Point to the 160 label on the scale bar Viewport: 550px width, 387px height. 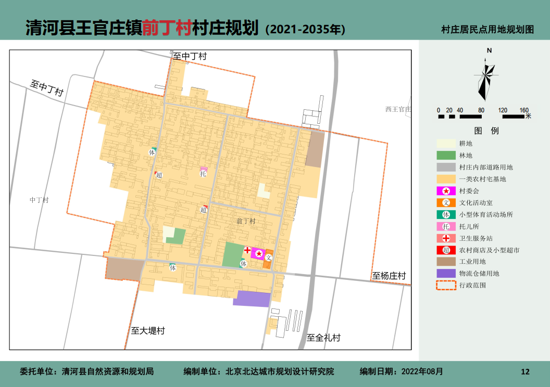pyautogui.click(x=524, y=110)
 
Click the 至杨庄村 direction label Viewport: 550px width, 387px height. pyautogui.click(x=389, y=276)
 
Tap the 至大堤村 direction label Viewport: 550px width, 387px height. pyautogui.click(x=147, y=331)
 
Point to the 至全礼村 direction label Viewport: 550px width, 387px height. pyautogui.click(x=323, y=338)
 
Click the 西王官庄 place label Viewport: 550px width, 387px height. pyautogui.click(x=398, y=109)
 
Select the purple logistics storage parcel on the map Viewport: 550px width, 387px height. pyautogui.click(x=253, y=299)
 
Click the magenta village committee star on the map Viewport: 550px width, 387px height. pyautogui.click(x=259, y=253)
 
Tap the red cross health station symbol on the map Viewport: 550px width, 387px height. pyautogui.click(x=247, y=250)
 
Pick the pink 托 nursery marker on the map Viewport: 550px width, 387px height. pyautogui.click(x=204, y=172)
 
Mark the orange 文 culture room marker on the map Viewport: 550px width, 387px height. pyautogui.click(x=268, y=257)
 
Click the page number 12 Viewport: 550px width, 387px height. pyautogui.click(x=525, y=371)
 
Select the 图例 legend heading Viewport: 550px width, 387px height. pyautogui.click(x=486, y=131)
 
